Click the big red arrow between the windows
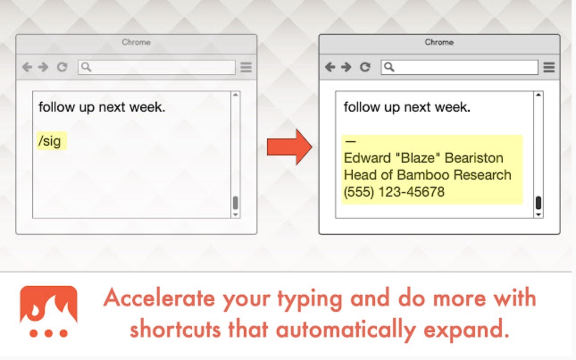(289, 147)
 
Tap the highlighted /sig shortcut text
(50, 141)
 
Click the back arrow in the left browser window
(27, 67)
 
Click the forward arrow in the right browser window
(346, 67)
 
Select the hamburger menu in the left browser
(246, 67)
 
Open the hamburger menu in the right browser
(549, 67)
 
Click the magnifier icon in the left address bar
(86, 67)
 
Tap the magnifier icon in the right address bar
(389, 67)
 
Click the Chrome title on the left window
(136, 42)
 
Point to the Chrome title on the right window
(439, 42)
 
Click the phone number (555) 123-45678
(394, 192)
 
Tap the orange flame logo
(49, 311)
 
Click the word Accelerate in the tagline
(159, 298)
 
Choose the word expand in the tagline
(466, 330)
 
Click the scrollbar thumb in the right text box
(538, 203)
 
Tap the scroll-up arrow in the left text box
(235, 95)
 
